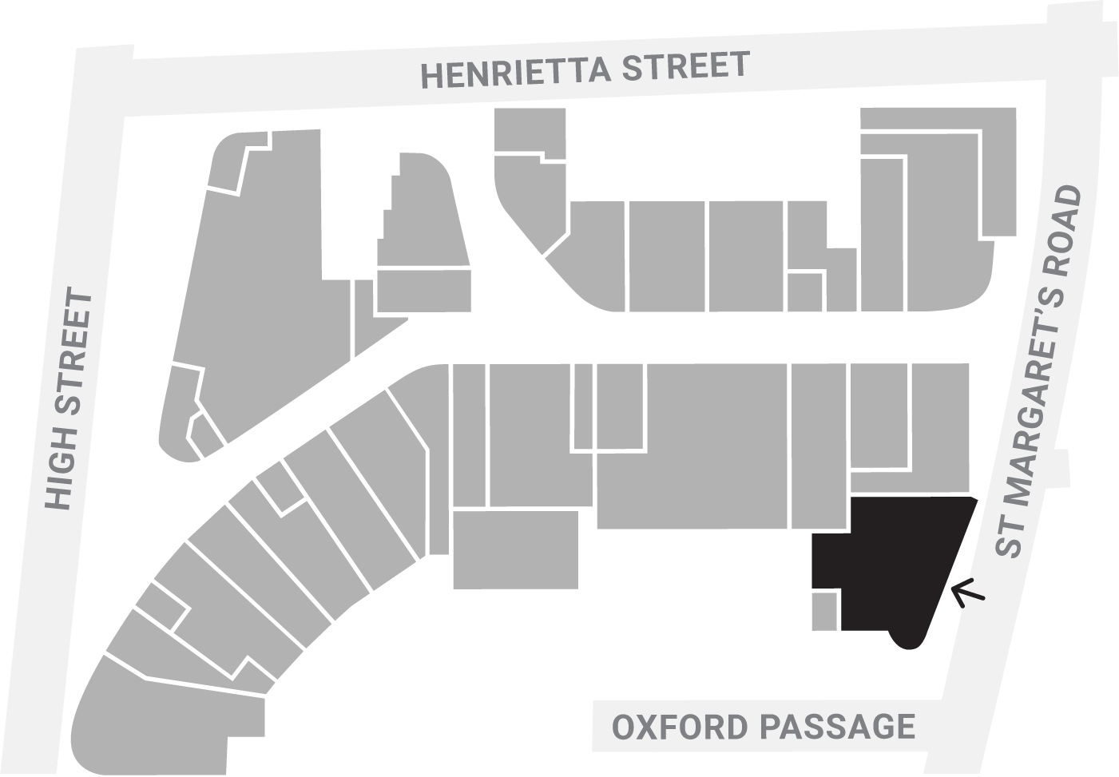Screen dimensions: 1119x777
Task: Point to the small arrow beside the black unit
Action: (x=968, y=592)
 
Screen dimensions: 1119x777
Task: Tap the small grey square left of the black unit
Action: (x=825, y=611)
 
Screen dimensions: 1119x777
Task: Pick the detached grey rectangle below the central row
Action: (x=515, y=549)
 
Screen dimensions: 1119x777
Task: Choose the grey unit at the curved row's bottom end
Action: (x=160, y=711)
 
